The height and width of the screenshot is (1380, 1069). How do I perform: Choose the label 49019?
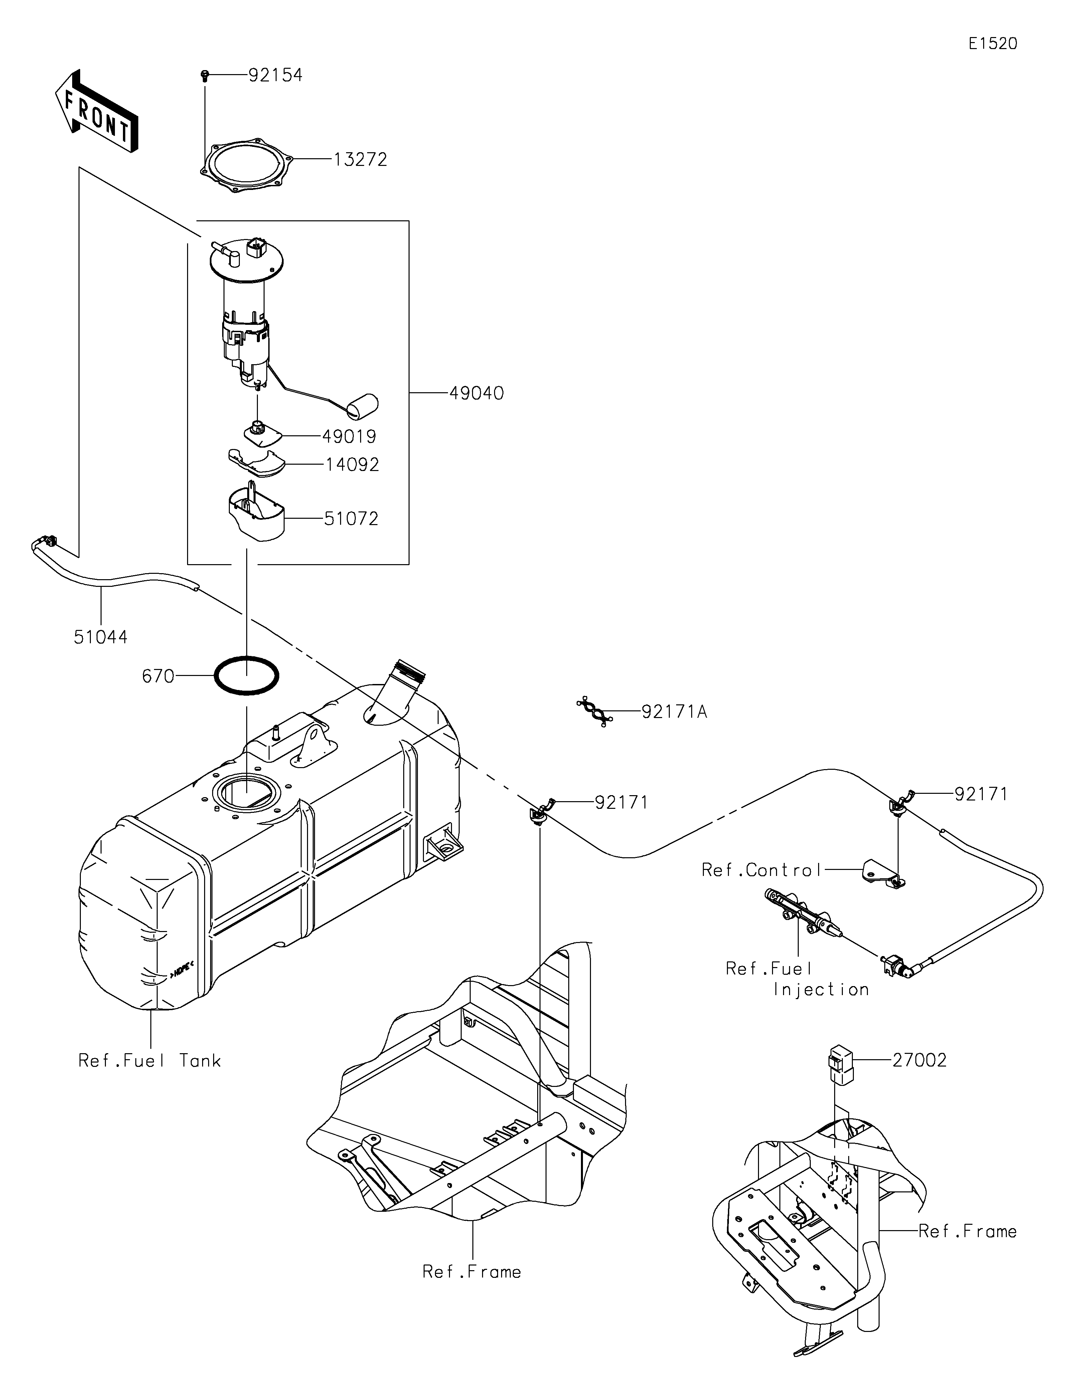349,437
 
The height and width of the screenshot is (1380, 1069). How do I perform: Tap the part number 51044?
101,637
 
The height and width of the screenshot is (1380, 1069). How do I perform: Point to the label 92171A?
674,712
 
